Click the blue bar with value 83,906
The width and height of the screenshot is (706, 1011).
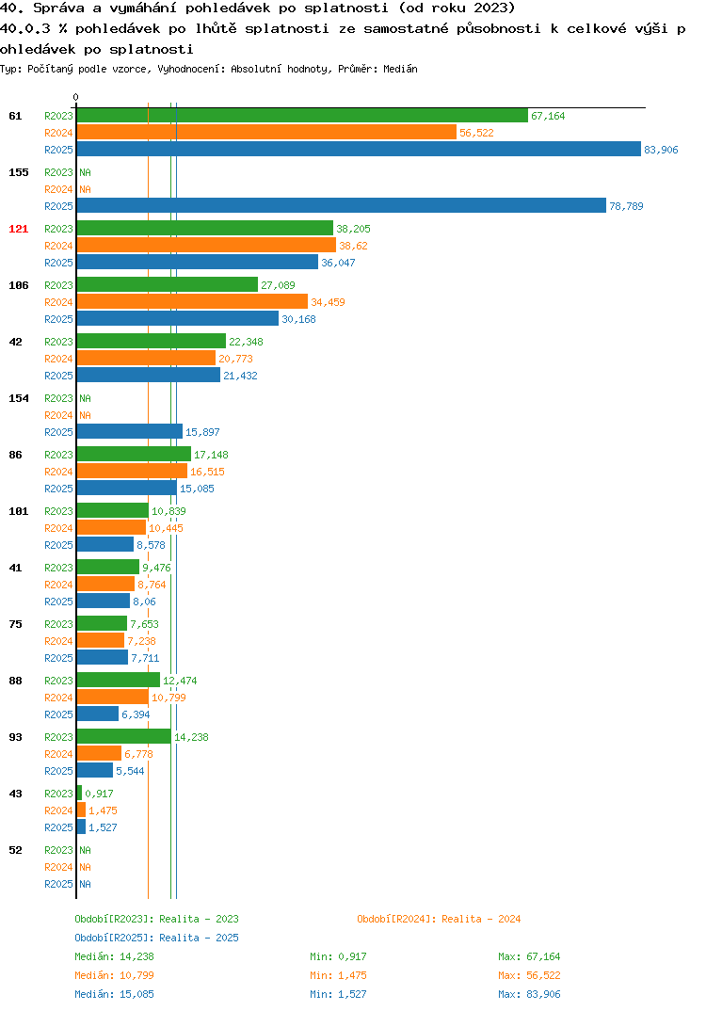click(x=360, y=149)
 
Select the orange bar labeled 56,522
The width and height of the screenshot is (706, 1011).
click(x=267, y=132)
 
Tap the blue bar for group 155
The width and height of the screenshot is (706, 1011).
click(x=342, y=205)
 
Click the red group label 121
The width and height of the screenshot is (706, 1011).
click(x=19, y=229)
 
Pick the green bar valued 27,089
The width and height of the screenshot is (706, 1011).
click(x=168, y=284)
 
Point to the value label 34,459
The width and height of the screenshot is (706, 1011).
click(x=328, y=302)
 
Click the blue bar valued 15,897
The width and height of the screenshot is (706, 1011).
click(x=130, y=431)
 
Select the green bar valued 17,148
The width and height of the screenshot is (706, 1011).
click(x=134, y=454)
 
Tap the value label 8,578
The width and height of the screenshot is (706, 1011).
click(x=151, y=545)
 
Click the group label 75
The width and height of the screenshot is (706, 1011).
click(x=15, y=624)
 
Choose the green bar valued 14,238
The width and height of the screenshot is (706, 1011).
click(x=124, y=736)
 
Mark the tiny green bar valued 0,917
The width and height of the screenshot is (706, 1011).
click(x=79, y=793)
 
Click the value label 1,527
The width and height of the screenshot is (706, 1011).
click(x=103, y=827)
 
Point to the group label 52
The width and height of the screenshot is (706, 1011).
click(x=15, y=850)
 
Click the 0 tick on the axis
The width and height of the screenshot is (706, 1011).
click(x=76, y=97)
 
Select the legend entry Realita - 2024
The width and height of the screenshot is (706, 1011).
click(x=439, y=919)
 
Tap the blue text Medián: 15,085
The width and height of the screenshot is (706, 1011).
click(x=114, y=994)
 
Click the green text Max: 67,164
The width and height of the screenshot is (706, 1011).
click(x=529, y=956)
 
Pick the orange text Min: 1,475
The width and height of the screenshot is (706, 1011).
click(x=338, y=975)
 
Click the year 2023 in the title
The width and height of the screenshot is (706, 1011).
click(x=490, y=8)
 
